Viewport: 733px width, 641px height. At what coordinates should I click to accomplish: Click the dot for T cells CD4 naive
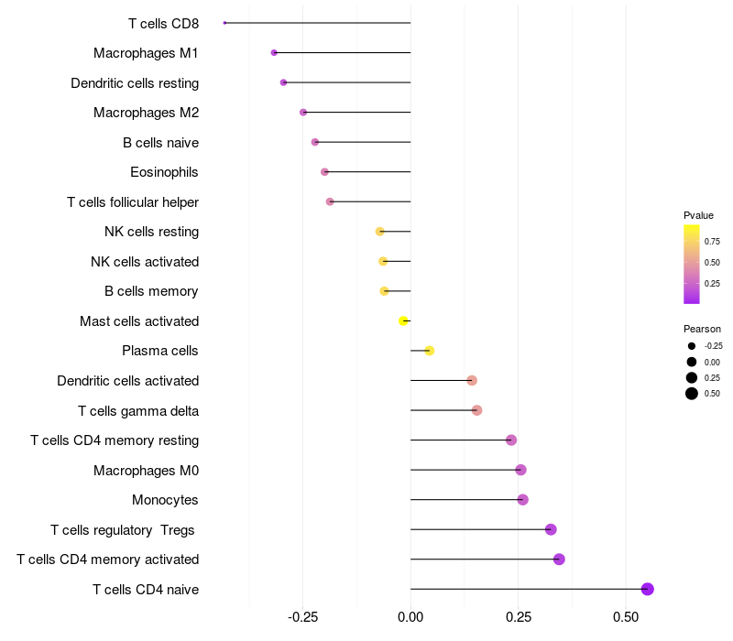point(647,589)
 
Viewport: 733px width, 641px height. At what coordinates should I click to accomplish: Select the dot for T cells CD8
point(224,23)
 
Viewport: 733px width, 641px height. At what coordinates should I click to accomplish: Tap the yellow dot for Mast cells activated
point(403,320)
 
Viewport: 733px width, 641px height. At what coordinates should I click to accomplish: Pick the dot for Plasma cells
point(429,351)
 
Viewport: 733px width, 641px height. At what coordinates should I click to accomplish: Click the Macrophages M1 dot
point(274,53)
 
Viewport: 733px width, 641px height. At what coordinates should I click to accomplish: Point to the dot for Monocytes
point(522,499)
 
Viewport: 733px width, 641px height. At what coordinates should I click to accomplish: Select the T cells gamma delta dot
point(476,410)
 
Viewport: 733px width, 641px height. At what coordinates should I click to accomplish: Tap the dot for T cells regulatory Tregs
point(551,529)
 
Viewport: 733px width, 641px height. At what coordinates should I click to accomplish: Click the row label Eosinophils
point(164,172)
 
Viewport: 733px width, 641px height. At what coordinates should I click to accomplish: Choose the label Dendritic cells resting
point(135,83)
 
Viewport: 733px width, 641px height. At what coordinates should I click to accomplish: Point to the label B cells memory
point(151,291)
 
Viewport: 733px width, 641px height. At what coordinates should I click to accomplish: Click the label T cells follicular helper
point(133,201)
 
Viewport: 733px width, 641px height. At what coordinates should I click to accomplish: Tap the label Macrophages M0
point(146,471)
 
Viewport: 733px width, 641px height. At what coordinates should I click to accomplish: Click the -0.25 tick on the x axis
point(303,617)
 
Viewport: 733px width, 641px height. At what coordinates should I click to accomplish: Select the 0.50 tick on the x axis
point(625,617)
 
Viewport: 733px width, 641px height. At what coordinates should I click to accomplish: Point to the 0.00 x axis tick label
point(410,617)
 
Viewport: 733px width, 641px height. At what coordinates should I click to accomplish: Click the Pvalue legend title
point(698,215)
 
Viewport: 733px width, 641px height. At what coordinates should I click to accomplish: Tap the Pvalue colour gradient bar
point(692,264)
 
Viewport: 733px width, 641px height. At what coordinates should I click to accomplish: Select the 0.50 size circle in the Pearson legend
point(692,394)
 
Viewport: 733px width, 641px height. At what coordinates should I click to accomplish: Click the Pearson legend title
point(702,329)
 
